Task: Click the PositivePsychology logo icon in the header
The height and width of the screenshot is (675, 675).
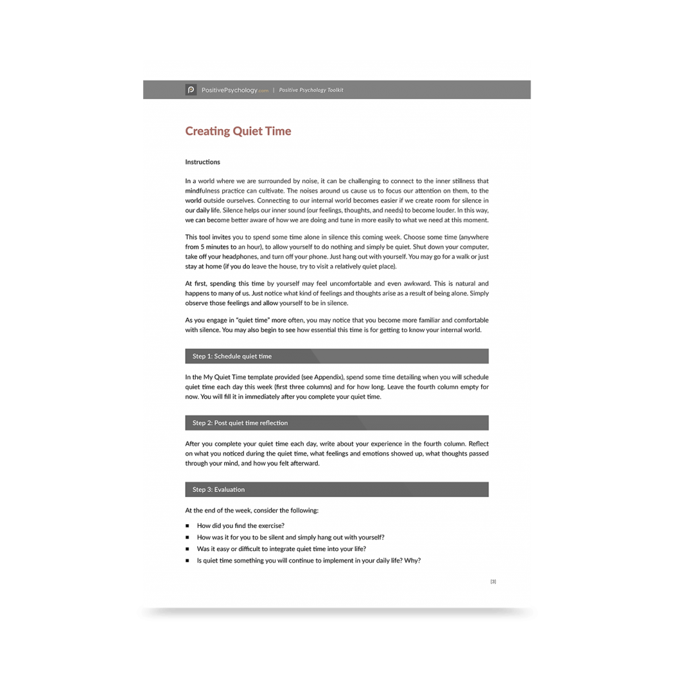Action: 191,90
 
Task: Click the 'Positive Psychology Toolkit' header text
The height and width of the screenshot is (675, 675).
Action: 311,90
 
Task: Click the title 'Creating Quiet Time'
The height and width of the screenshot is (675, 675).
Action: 238,131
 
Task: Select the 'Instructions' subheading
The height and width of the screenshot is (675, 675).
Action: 202,162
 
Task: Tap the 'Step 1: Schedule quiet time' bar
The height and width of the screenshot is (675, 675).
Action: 336,356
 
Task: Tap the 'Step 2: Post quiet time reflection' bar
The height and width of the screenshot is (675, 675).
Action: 336,423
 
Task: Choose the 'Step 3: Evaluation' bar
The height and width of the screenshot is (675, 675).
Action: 336,489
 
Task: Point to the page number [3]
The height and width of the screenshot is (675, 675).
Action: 493,581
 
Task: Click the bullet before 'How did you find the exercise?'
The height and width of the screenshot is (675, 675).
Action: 188,526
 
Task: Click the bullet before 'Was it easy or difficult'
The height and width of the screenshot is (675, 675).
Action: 188,549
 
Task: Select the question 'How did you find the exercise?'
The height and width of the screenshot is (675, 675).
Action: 241,526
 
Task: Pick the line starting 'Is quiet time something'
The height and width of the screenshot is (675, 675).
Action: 308,561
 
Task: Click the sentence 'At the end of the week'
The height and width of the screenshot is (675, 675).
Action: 252,510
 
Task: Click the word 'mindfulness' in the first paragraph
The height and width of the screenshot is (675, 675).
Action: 205,190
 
